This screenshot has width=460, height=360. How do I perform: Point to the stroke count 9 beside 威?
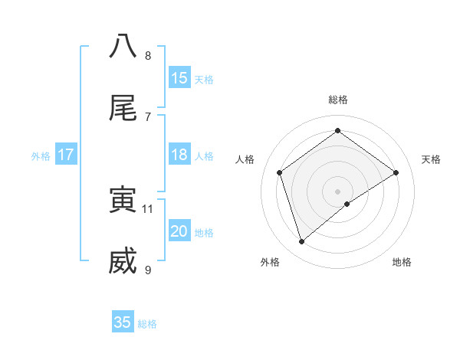click(x=148, y=270)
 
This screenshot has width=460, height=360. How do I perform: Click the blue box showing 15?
click(x=179, y=78)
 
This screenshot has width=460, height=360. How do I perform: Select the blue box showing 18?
click(x=179, y=155)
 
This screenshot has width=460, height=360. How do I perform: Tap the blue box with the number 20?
click(x=179, y=232)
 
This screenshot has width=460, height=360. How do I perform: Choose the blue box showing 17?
click(x=65, y=155)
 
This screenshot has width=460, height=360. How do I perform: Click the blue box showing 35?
click(x=123, y=322)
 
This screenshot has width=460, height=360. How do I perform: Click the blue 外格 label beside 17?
click(x=41, y=156)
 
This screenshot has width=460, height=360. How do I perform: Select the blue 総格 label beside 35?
click(x=147, y=324)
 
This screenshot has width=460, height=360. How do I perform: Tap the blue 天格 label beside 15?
click(x=204, y=80)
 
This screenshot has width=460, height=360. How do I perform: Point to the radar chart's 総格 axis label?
click(x=338, y=100)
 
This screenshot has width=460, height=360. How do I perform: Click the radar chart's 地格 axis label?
click(x=402, y=262)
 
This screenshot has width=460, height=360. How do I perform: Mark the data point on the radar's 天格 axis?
click(x=396, y=172)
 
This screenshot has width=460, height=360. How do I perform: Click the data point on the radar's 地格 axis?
click(x=347, y=204)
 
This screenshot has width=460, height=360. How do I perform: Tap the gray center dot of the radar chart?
click(x=338, y=191)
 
